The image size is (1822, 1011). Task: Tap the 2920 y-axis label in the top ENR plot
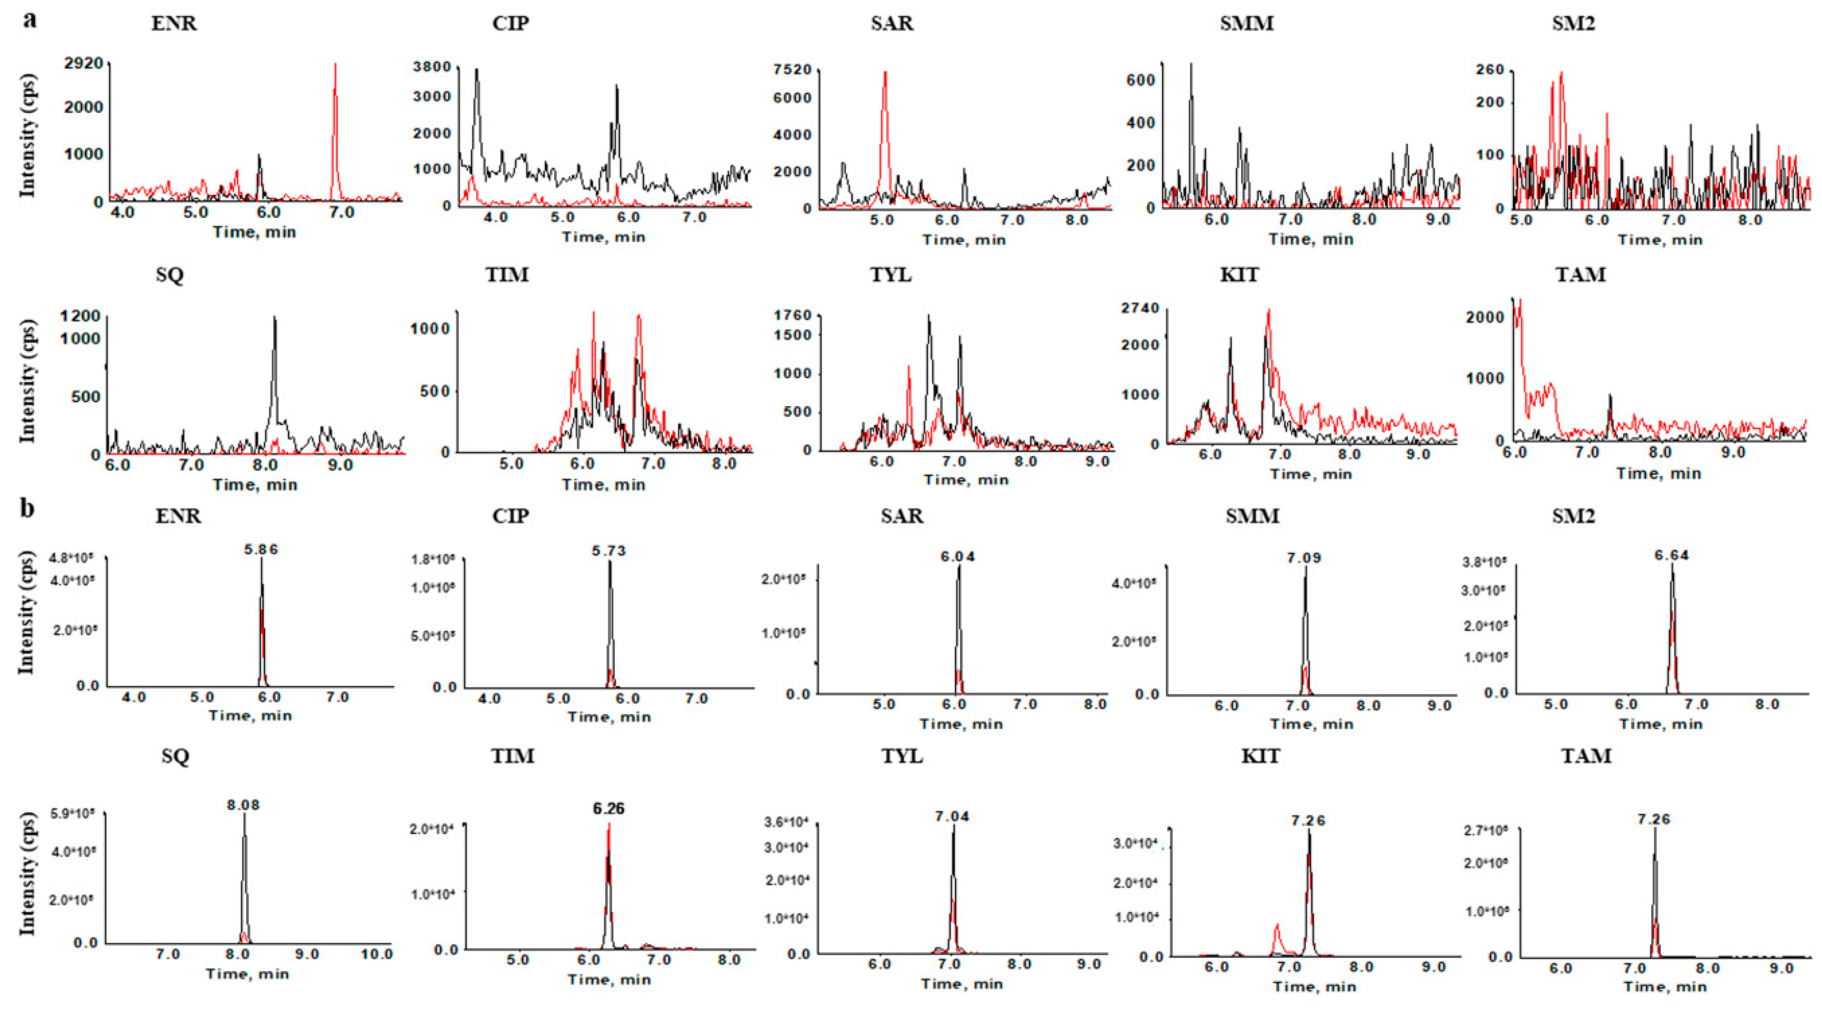(x=83, y=63)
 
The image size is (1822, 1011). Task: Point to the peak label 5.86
(x=261, y=549)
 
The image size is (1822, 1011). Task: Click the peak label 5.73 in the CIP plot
(x=608, y=551)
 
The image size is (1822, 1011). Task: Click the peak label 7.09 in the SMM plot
(x=1303, y=558)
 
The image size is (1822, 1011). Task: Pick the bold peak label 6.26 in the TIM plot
(x=608, y=808)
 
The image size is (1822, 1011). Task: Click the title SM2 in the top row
(x=1573, y=23)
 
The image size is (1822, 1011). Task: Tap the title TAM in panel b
(x=1586, y=756)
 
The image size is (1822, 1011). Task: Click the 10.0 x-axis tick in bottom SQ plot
(x=376, y=954)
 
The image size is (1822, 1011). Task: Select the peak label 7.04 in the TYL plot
(x=952, y=816)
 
